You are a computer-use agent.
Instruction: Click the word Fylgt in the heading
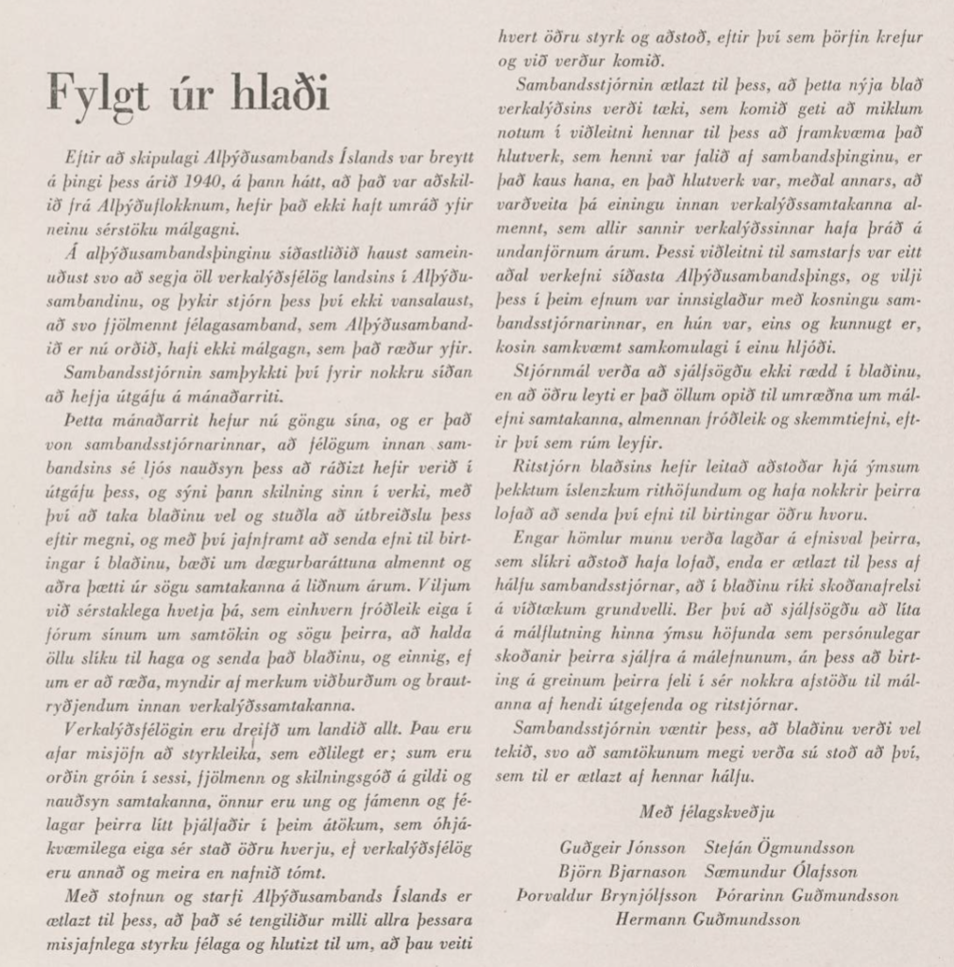(97, 95)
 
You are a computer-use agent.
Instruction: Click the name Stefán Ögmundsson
(779, 848)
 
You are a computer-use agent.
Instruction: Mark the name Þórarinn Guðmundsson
(808, 895)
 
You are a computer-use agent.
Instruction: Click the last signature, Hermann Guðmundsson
(707, 919)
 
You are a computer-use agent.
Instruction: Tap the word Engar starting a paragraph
(537, 538)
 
